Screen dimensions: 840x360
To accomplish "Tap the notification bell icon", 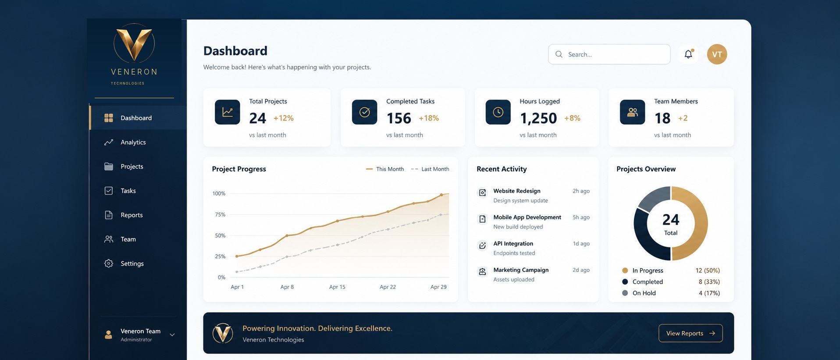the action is coord(688,54).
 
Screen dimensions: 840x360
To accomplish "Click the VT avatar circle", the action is coord(717,54).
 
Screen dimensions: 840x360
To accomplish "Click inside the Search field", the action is coord(609,54).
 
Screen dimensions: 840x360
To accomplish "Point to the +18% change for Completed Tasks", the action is coord(429,118).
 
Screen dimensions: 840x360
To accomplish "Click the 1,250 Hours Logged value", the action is coord(538,118).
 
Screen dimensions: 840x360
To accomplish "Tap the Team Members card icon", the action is coord(632,112).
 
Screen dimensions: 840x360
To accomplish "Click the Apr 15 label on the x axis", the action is coord(337,287).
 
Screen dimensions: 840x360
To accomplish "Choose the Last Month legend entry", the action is coord(430,169).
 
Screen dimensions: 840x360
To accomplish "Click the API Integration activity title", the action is coord(513,243).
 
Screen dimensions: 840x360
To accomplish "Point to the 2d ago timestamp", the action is coord(581,270).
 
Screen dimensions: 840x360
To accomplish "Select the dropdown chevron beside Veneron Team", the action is coord(172,335).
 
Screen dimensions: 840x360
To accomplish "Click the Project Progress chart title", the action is coord(239,169).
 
